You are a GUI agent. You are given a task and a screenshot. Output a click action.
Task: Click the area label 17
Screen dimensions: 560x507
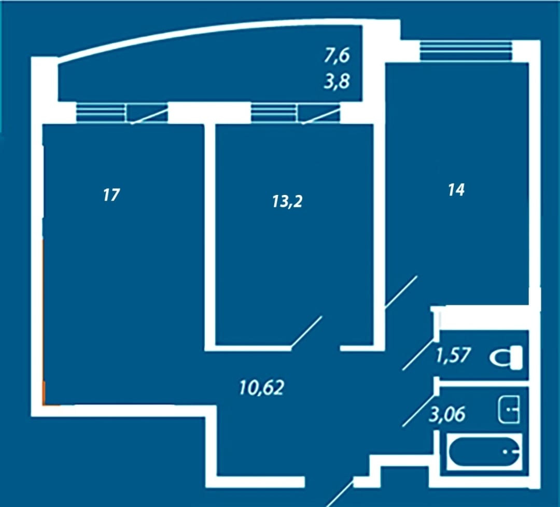pos(111,195)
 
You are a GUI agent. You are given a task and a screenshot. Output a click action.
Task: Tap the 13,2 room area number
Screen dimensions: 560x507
pos(287,201)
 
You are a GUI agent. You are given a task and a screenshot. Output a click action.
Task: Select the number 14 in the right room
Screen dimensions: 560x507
pos(456,190)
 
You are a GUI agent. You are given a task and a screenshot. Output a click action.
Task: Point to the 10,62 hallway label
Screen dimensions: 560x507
pos(261,387)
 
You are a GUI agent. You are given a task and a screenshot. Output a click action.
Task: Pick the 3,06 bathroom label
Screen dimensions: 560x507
pos(447,414)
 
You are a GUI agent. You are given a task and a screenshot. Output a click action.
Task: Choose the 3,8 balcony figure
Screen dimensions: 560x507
pos(337,81)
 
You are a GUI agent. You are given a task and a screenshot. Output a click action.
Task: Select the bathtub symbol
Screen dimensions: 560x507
pos(484,452)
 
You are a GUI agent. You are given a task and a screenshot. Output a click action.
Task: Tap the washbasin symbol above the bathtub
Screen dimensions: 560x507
pos(509,409)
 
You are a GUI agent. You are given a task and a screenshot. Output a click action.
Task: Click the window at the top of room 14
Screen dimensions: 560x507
pos(466,51)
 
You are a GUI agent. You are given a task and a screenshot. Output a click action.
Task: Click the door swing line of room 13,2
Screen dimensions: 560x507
pos(306,332)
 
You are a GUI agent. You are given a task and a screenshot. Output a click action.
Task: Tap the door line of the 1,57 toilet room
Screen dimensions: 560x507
pos(418,354)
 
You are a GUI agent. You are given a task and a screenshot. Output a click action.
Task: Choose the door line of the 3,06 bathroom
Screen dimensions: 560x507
pos(418,411)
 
